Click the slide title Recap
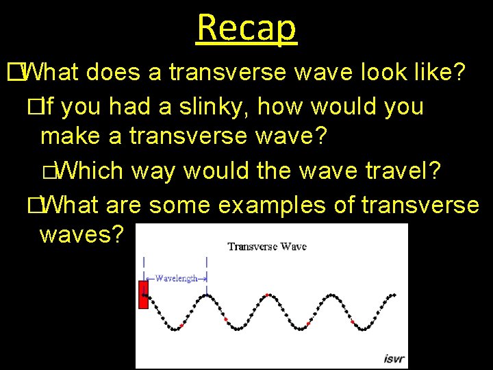point(246,27)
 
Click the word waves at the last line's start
point(81,235)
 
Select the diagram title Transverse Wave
point(267,246)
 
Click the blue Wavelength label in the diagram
point(176,278)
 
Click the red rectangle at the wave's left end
point(143,295)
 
